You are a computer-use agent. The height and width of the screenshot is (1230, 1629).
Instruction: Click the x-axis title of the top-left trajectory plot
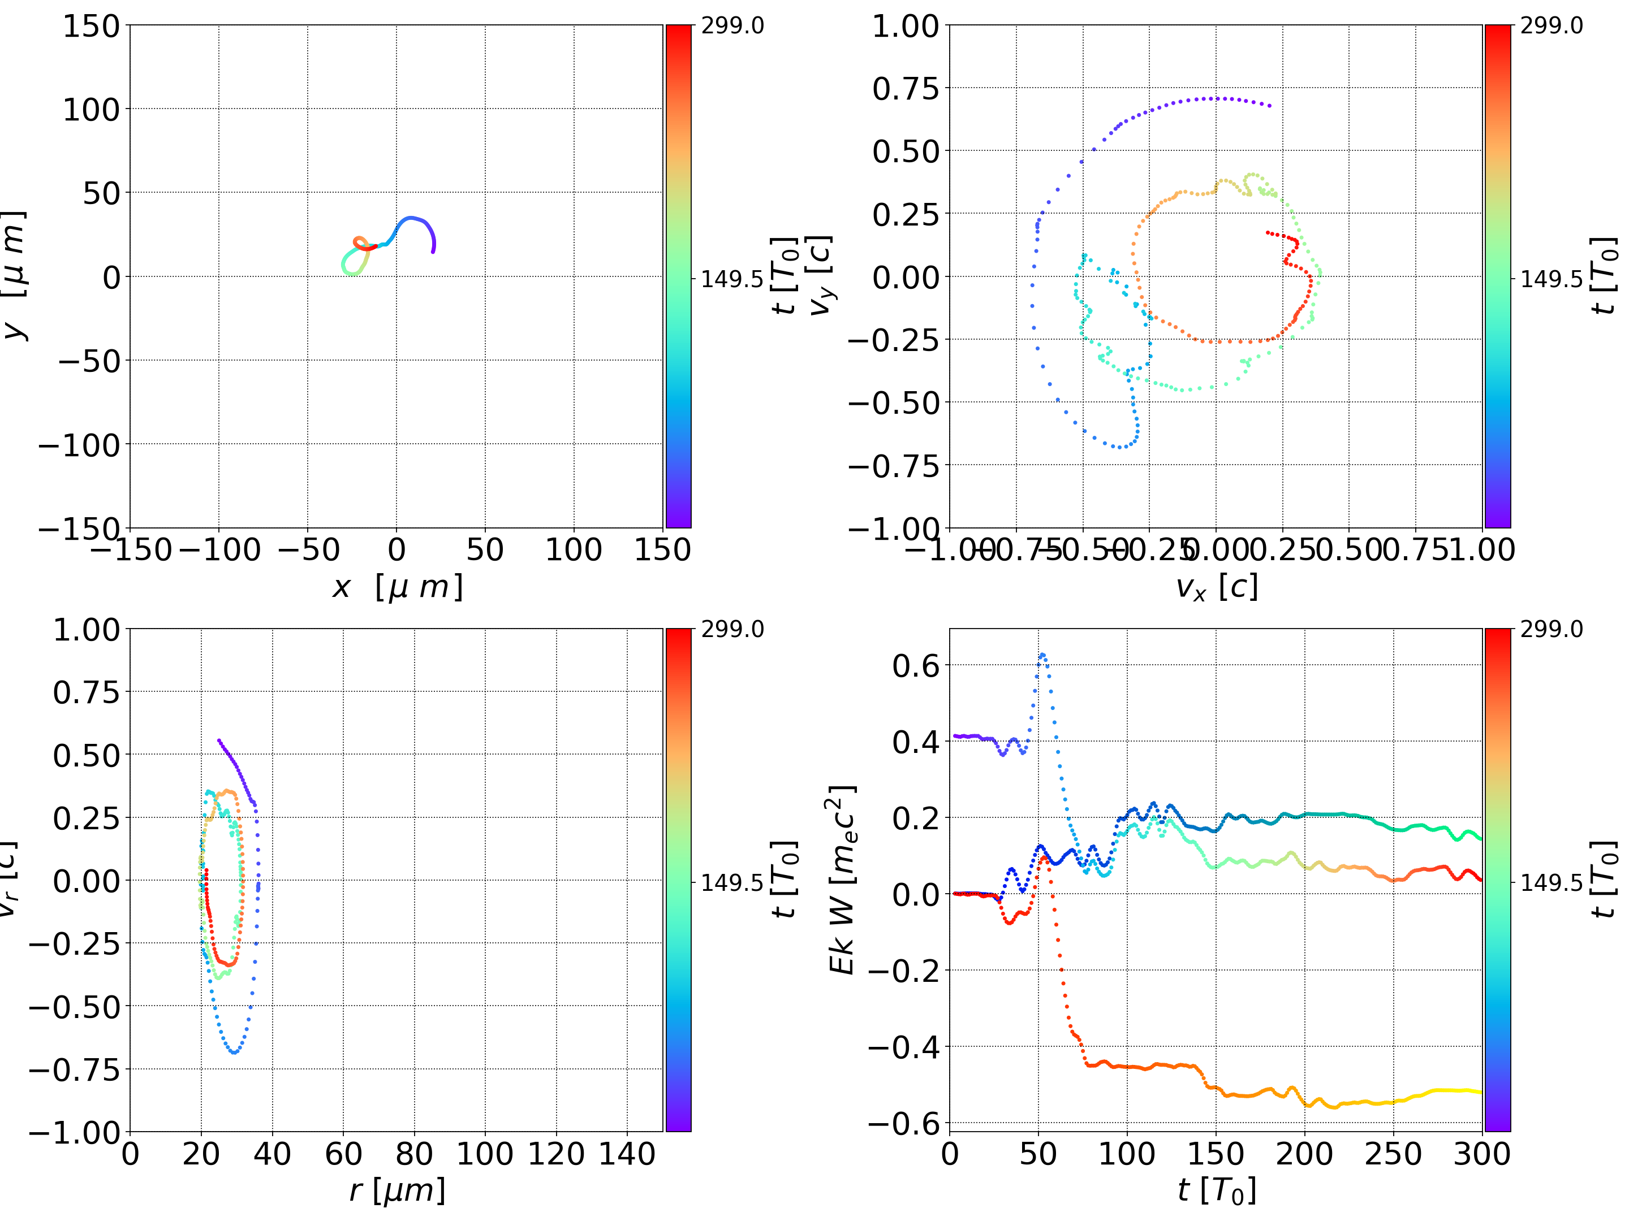[x=397, y=587]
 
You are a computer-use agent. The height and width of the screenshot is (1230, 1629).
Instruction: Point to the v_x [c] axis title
[x=1216, y=587]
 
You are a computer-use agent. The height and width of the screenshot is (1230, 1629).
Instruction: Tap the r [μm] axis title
[x=397, y=1190]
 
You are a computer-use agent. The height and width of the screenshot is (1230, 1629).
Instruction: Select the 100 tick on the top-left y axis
[x=90, y=110]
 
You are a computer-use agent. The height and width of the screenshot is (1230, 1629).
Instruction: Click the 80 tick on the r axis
[x=414, y=1154]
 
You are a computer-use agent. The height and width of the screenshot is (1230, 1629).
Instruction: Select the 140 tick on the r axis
[x=627, y=1154]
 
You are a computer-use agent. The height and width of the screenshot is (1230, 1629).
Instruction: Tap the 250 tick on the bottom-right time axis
[x=1393, y=1154]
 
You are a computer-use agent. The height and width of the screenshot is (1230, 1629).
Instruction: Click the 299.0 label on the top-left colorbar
[x=732, y=26]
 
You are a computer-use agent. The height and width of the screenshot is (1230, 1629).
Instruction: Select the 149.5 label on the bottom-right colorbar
[x=1551, y=882]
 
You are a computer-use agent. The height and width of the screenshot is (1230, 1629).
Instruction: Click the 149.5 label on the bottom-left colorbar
[x=732, y=882]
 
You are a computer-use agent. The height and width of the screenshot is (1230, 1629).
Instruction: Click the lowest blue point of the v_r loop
[x=234, y=1052]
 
